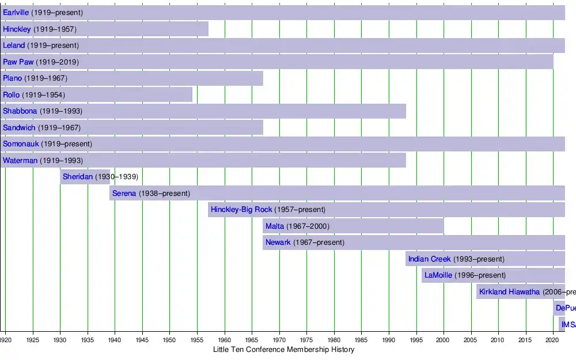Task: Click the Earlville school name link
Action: (16, 13)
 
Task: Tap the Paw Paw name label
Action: (18, 62)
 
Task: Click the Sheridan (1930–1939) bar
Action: (85, 177)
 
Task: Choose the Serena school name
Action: (124, 194)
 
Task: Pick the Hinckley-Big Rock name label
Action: (241, 210)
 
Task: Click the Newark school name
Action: (278, 242)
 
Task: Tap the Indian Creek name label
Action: (430, 259)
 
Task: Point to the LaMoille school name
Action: (438, 275)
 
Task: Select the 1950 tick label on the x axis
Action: (169, 340)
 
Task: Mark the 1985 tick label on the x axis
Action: (361, 340)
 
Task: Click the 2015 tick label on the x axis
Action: (526, 340)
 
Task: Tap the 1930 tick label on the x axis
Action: (60, 340)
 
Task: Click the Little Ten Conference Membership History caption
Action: (283, 350)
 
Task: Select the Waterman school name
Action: (20, 161)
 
